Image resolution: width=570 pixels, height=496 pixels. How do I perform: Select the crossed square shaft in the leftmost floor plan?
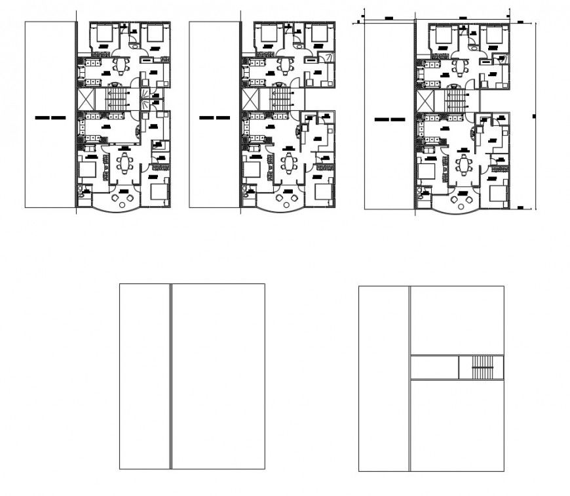(86, 99)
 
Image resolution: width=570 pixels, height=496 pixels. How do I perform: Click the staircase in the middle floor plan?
(282, 100)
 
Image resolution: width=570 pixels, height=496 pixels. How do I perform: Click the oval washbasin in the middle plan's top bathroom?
(299, 46)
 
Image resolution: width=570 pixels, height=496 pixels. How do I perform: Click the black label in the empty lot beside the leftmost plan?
(50, 118)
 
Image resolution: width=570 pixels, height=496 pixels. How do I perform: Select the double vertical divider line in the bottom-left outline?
(171, 376)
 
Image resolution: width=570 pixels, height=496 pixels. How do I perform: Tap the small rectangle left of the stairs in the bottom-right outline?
(434, 367)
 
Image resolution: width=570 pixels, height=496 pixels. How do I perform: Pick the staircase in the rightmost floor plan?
(456, 102)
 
